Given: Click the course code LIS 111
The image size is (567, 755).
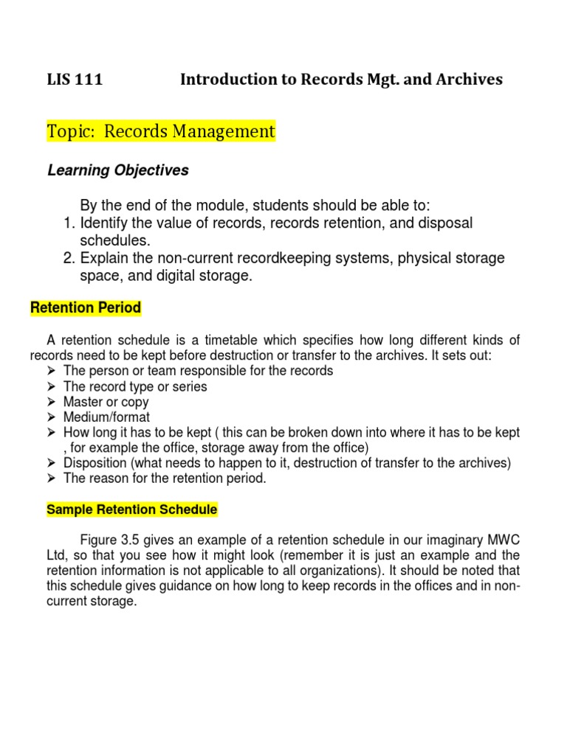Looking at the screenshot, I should (x=75, y=80).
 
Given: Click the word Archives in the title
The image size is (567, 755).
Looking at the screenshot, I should (x=468, y=80).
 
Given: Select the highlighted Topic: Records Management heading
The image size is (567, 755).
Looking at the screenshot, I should (x=161, y=132).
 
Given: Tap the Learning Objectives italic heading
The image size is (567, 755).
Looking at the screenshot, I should (x=118, y=170).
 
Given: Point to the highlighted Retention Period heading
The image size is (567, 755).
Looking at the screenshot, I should (x=86, y=308).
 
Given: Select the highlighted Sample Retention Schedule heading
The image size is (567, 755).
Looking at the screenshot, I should (x=131, y=509).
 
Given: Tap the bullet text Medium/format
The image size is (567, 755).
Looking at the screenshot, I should (x=106, y=417).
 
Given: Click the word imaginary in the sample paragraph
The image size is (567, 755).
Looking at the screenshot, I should (x=457, y=540).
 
